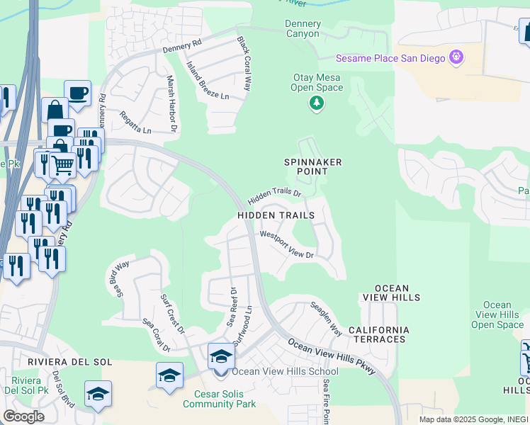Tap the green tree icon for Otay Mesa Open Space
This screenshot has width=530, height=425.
[x=316, y=104]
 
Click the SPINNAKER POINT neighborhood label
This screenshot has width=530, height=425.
[x=314, y=166]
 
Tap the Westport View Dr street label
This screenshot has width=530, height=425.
[x=286, y=244]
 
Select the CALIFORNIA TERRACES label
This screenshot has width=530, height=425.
[x=378, y=334]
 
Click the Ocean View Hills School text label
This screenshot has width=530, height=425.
[x=285, y=371]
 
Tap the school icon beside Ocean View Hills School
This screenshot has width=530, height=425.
[x=220, y=356]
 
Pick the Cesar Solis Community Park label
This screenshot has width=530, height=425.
[x=218, y=398]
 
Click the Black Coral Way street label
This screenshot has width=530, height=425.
[x=244, y=64]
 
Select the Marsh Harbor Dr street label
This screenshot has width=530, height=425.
[x=171, y=104]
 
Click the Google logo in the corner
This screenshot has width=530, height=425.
[x=23, y=416]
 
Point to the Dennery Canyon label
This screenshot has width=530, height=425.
[x=303, y=28]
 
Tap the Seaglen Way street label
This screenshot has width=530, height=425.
[x=326, y=319]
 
